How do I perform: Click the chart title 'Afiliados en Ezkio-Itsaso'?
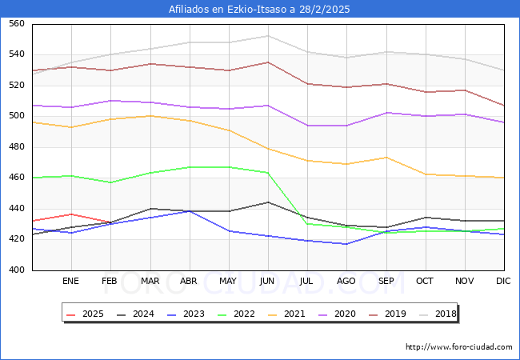click(259, 10)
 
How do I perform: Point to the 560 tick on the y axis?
click(16, 24)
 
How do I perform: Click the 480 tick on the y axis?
click(16, 147)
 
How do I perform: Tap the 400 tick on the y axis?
click(16, 270)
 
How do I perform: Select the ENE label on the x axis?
click(71, 282)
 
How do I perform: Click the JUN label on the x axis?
click(268, 282)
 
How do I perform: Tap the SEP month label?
click(386, 282)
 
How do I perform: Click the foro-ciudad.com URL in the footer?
click(458, 347)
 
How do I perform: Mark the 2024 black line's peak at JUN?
click(268, 202)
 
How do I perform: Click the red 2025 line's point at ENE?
click(71, 214)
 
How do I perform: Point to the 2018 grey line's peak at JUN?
click(268, 36)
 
